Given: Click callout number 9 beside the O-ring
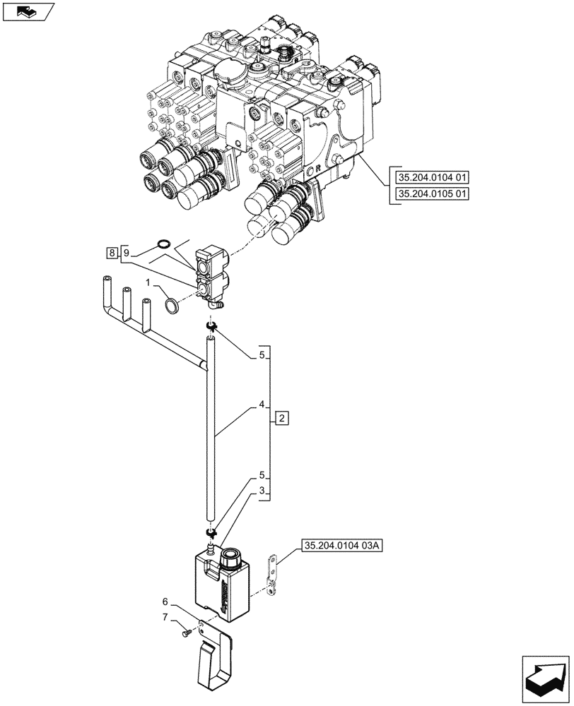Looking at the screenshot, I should point(125,252).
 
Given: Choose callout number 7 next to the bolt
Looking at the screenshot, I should point(167,618).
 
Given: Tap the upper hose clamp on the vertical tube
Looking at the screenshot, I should point(211,325).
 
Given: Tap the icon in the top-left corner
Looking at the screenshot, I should point(28,11).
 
